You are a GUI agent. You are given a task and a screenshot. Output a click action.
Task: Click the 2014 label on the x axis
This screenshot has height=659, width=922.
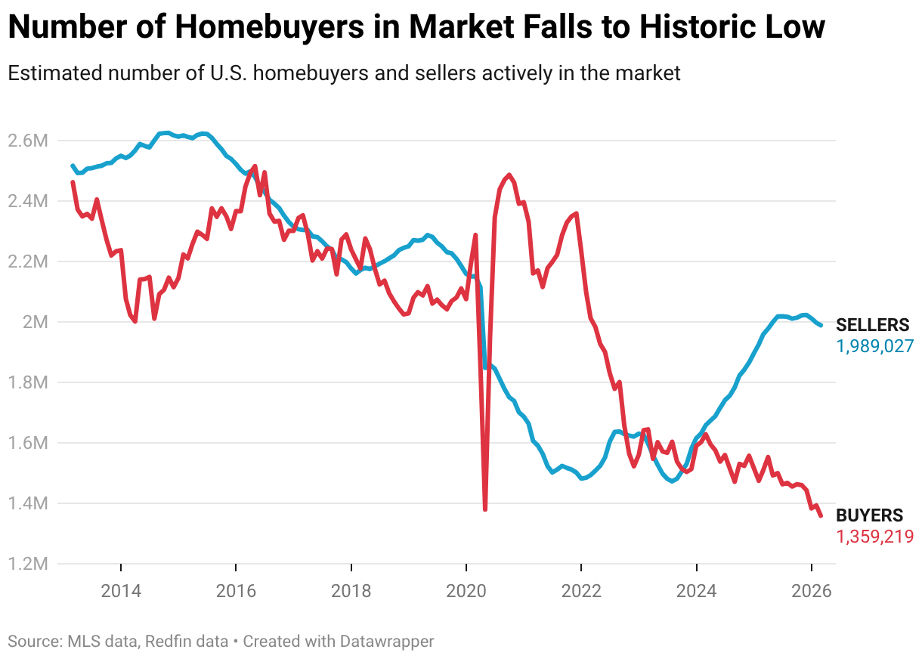121,590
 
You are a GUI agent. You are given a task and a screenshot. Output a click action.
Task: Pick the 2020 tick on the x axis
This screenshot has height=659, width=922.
466,590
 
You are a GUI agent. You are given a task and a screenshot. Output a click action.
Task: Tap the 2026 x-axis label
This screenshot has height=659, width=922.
812,590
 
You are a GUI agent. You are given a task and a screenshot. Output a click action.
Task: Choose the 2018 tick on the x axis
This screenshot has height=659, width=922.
351,590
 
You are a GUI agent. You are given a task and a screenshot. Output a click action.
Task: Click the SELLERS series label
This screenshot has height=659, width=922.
873,326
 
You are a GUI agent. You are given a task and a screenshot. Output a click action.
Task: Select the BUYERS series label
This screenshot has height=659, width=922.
869,516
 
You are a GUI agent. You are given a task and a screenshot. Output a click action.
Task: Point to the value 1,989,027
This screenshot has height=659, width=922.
875,346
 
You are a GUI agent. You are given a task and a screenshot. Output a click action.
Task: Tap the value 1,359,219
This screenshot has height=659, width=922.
875,537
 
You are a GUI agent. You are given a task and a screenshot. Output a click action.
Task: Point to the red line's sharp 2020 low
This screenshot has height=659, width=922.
484,509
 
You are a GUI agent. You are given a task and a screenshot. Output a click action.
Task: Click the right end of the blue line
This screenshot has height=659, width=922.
821,325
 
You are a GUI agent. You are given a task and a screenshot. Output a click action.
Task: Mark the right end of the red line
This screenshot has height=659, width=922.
821,515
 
